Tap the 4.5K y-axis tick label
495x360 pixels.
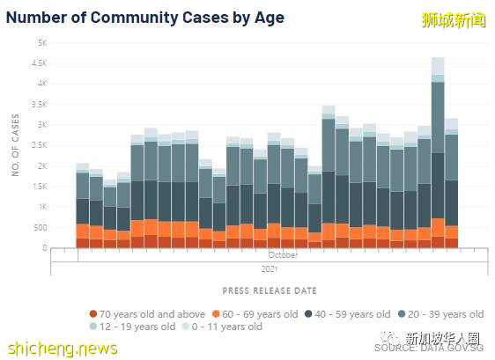pos(39,63)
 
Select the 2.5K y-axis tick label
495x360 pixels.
pos(39,145)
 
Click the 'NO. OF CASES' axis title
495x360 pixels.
pos(15,145)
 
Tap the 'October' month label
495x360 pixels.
pos(284,255)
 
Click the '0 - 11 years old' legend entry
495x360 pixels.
pos(225,327)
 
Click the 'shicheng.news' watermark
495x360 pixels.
pos(59,348)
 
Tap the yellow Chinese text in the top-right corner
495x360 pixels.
pos(454,18)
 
